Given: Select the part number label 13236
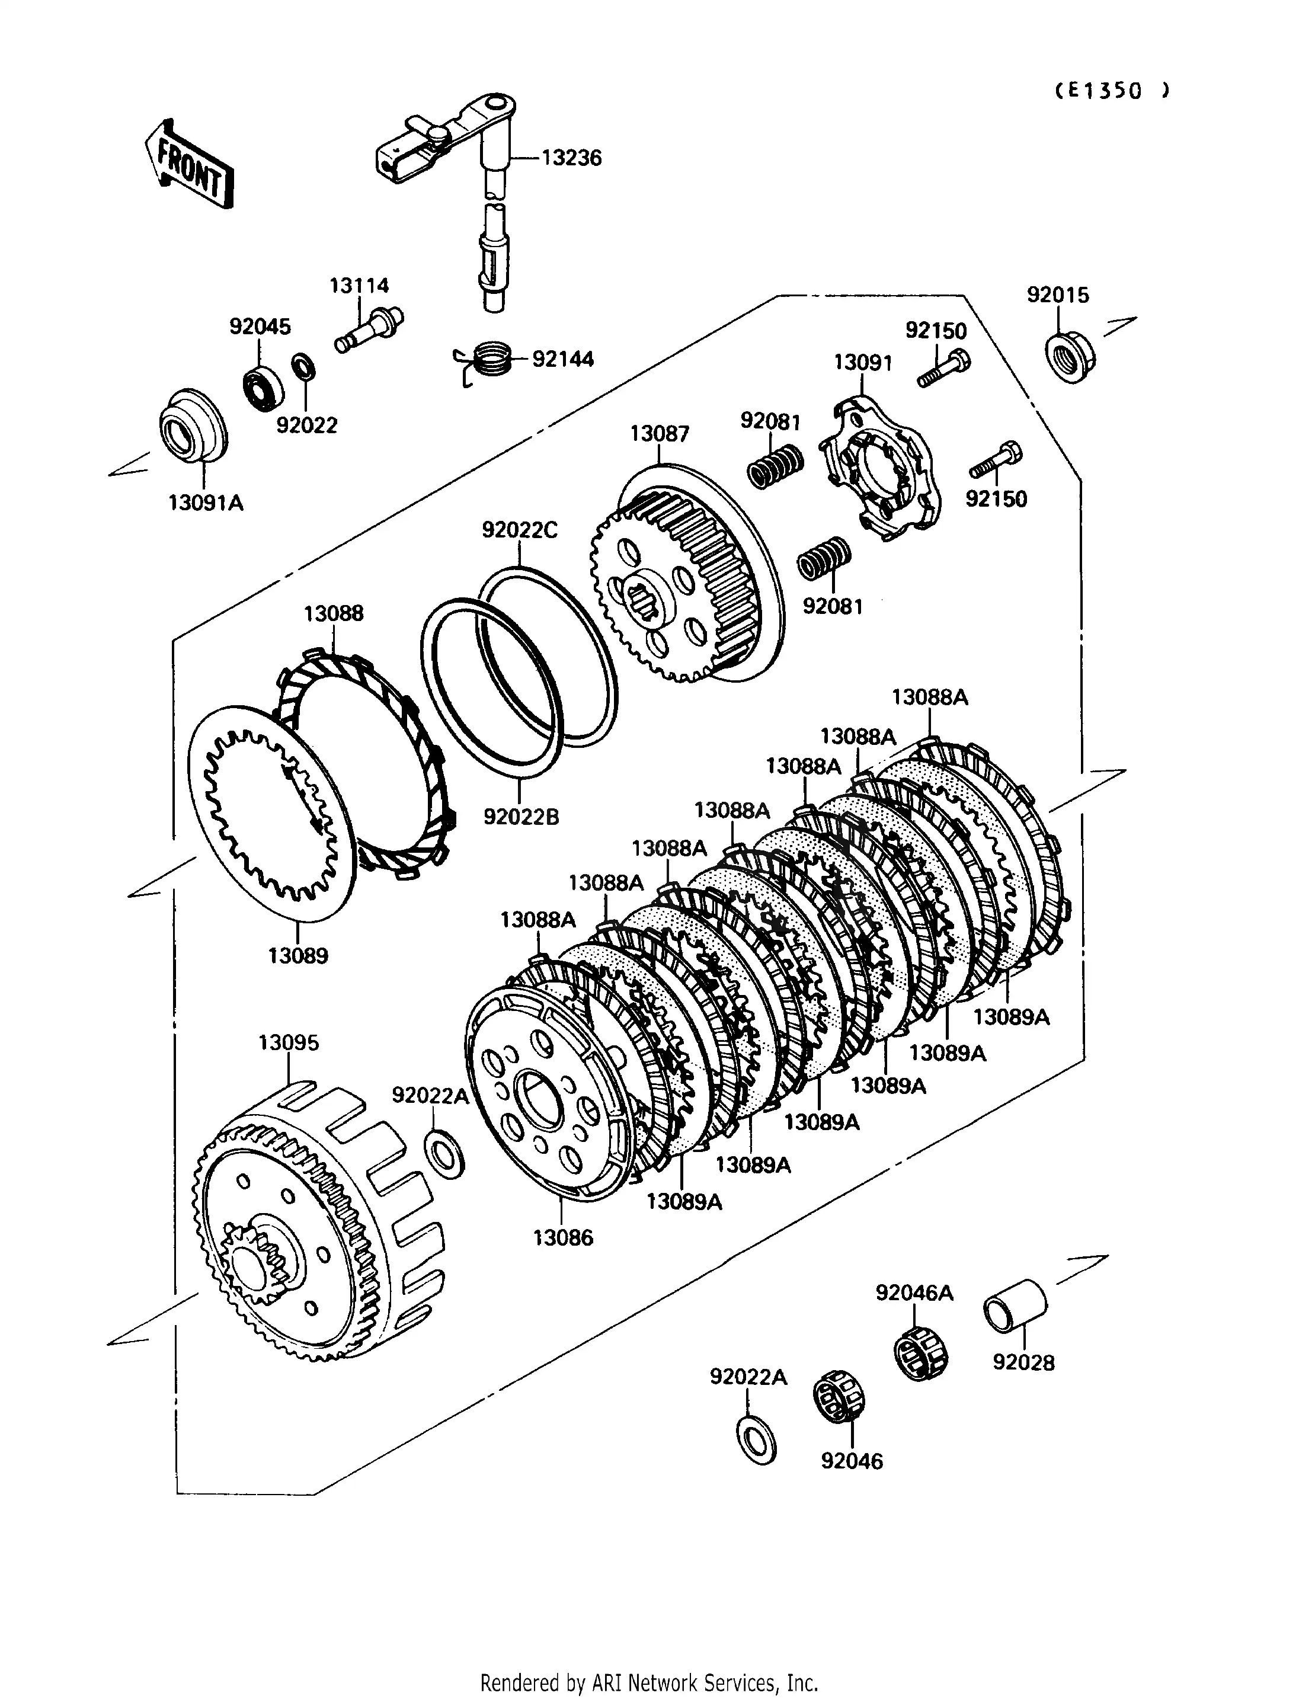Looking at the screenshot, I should click(x=571, y=158).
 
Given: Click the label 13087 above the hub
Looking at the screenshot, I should click(x=659, y=434).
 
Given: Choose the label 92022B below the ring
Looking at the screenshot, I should click(x=521, y=817).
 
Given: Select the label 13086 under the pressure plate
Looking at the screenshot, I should click(x=563, y=1238).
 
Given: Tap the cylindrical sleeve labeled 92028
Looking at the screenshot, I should click(x=1015, y=1306).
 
